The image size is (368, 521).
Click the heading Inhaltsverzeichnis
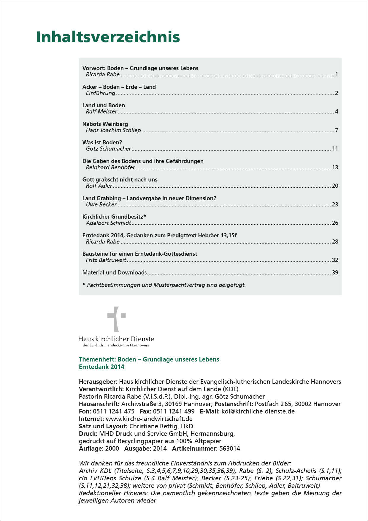(108, 37)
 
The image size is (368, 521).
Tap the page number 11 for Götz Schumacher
(335, 149)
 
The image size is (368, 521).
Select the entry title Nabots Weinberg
(105, 124)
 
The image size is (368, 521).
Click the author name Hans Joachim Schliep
(113, 130)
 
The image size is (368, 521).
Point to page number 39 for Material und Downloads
(335, 273)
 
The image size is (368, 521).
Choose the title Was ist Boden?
(102, 143)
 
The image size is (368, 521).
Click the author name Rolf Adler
(99, 186)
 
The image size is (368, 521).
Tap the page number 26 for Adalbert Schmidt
(335, 223)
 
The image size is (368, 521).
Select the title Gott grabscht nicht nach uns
(120, 180)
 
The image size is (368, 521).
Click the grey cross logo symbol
(116, 319)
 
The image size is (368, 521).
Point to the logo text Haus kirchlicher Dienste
(116, 339)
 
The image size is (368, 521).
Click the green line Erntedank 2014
(101, 367)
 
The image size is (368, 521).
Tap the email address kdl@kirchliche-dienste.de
(258, 411)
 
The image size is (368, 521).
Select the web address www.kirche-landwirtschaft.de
(149, 419)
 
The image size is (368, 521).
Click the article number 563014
(230, 449)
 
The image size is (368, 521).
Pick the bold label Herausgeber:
(98, 382)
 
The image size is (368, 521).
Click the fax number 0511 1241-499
(174, 411)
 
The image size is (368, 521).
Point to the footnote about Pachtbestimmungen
(164, 285)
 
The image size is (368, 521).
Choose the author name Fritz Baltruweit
(106, 260)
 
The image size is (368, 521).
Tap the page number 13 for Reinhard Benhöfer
(335, 168)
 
